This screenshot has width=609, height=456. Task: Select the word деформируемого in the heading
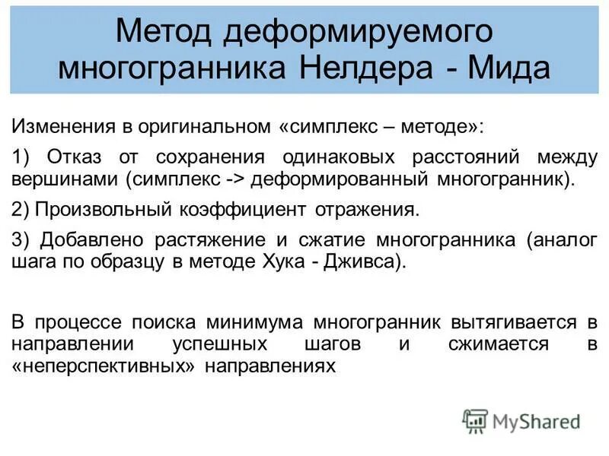point(358,31)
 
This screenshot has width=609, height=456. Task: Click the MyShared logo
point(521,420)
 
